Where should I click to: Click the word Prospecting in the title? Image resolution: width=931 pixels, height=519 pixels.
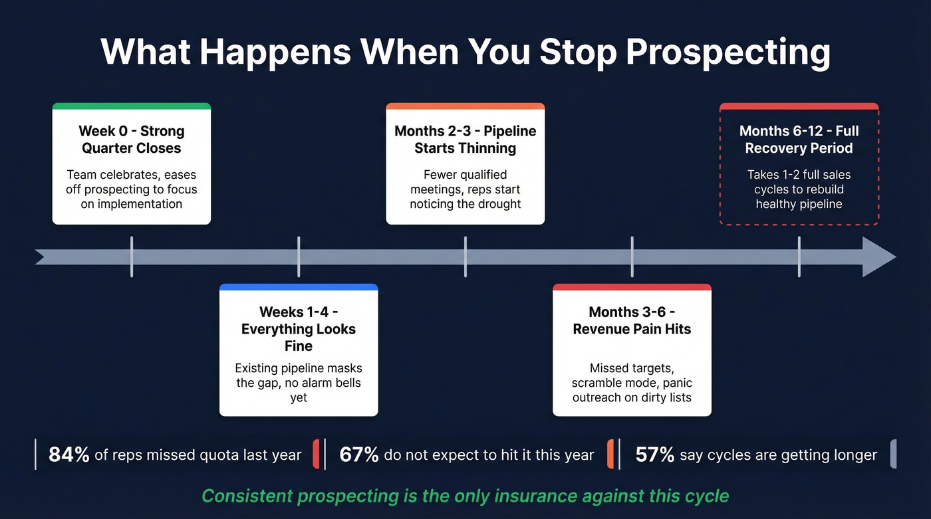point(728,52)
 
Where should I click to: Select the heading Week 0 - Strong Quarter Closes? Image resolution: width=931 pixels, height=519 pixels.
point(132,140)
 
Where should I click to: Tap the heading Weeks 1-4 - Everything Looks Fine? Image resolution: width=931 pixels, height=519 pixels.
point(299,329)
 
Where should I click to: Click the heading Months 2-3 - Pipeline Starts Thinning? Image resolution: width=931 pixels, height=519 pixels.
point(465,140)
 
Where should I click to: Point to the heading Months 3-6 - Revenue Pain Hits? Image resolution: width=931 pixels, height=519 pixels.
point(632,320)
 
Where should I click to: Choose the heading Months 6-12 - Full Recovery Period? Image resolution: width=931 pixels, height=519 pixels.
point(799,140)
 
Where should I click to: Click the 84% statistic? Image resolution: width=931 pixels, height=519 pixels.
point(69,455)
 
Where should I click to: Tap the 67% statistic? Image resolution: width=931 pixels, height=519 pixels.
point(359,455)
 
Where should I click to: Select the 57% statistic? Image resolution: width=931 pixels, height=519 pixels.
point(655,455)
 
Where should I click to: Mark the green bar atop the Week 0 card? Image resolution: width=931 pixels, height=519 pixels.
point(132,106)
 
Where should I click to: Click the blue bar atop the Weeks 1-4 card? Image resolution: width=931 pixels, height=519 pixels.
point(299,287)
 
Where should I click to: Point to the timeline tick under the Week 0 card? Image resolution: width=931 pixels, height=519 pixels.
point(132,257)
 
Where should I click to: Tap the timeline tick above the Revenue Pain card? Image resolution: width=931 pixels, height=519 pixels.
point(632,257)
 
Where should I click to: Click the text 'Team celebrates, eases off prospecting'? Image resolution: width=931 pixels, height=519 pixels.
point(132,182)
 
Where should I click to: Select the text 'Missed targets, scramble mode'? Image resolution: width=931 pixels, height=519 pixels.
point(632,375)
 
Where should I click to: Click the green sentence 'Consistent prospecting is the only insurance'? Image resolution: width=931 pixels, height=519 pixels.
point(465,496)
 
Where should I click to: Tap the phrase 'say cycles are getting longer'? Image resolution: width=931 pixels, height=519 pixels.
point(778,455)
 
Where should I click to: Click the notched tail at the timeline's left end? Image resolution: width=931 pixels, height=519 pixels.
point(41,257)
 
